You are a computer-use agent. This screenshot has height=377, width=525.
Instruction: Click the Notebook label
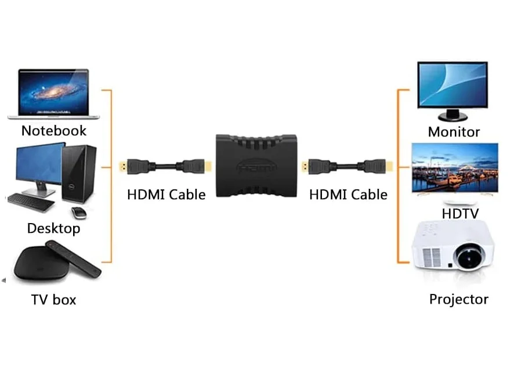tap(53, 131)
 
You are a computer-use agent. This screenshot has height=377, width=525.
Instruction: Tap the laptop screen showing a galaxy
tap(53, 92)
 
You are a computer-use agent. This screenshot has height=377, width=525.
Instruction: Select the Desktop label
tap(53, 228)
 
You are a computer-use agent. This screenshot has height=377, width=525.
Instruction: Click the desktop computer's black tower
tap(79, 174)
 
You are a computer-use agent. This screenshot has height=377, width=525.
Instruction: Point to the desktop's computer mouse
tap(79, 212)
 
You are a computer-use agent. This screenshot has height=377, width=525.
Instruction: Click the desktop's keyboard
tap(31, 202)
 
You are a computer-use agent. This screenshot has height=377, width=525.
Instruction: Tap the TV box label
tap(53, 300)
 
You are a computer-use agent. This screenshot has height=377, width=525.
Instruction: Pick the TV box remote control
tap(73, 258)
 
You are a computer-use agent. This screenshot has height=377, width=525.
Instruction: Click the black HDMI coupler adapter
tap(256, 166)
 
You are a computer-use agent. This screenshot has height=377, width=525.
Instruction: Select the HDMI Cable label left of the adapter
tap(166, 195)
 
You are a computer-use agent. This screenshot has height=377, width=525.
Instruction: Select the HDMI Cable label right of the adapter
tap(348, 195)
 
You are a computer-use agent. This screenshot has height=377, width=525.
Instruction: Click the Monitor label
tap(454, 132)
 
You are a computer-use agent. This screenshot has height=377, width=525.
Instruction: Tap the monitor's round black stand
tap(452, 116)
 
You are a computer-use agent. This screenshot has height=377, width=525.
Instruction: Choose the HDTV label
tap(460, 214)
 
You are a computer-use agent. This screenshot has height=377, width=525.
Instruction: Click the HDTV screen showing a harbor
tap(455, 167)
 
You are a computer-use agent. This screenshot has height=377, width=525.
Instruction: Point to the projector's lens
tap(469, 257)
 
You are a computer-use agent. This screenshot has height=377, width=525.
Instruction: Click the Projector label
tap(459, 299)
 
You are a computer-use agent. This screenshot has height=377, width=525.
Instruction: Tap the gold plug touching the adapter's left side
tap(208, 166)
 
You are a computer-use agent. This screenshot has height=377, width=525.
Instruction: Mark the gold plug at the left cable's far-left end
tap(123, 166)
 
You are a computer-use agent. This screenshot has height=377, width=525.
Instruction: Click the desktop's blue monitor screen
tap(39, 163)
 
